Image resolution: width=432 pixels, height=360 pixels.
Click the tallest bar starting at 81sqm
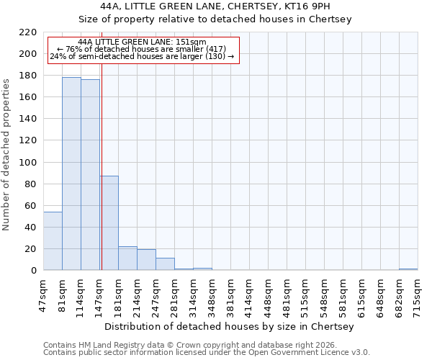(71, 174)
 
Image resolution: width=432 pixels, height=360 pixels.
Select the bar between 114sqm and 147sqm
(90, 175)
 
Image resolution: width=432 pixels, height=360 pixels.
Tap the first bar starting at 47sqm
(53, 241)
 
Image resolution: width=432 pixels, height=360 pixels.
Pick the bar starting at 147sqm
(109, 223)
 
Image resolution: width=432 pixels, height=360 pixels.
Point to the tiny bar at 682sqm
(408, 269)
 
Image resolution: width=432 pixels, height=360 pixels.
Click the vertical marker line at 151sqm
(102, 144)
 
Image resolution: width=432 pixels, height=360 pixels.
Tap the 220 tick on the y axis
(28, 32)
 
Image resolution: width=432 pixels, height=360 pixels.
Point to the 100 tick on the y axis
(28, 163)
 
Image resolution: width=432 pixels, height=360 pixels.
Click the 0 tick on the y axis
(34, 271)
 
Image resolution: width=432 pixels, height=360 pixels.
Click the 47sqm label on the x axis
(43, 293)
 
